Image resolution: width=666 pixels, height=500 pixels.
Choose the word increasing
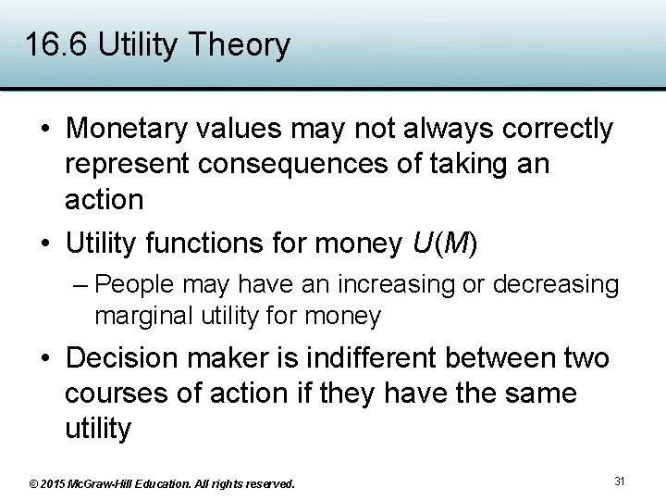click(392, 284)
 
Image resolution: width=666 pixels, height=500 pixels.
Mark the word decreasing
click(556, 284)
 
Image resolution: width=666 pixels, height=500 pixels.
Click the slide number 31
click(620, 481)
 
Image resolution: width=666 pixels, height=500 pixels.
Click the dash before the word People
click(80, 284)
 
